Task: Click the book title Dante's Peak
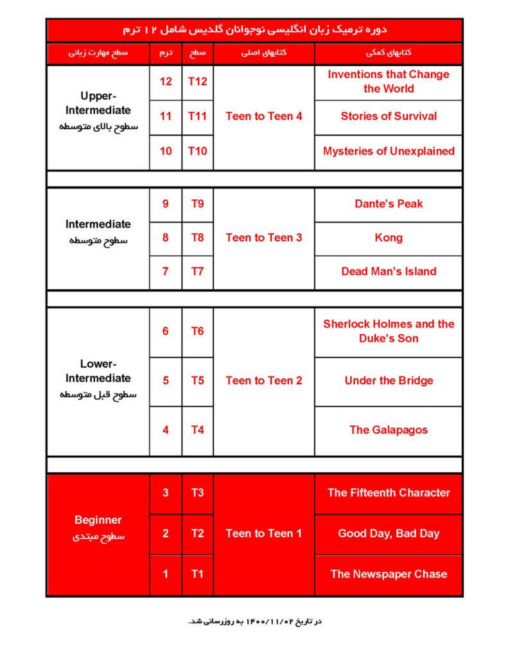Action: point(389,204)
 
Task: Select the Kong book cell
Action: point(389,238)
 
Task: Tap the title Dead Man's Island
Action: point(389,271)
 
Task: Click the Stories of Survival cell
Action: point(389,116)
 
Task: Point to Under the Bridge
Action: point(389,380)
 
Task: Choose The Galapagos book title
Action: point(389,430)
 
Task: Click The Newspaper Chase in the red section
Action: point(389,574)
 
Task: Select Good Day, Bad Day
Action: point(389,533)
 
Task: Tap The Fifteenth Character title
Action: point(389,493)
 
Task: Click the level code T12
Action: point(197,82)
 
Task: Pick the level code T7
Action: point(197,271)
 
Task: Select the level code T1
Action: point(197,574)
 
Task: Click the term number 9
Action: point(166,204)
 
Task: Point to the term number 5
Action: point(166,380)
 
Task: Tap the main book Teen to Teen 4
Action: point(264,116)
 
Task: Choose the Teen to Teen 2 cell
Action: point(264,380)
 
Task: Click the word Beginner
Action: point(98,520)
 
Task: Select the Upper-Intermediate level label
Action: point(98,103)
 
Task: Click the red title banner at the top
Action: point(254,30)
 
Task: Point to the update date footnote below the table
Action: point(254,621)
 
